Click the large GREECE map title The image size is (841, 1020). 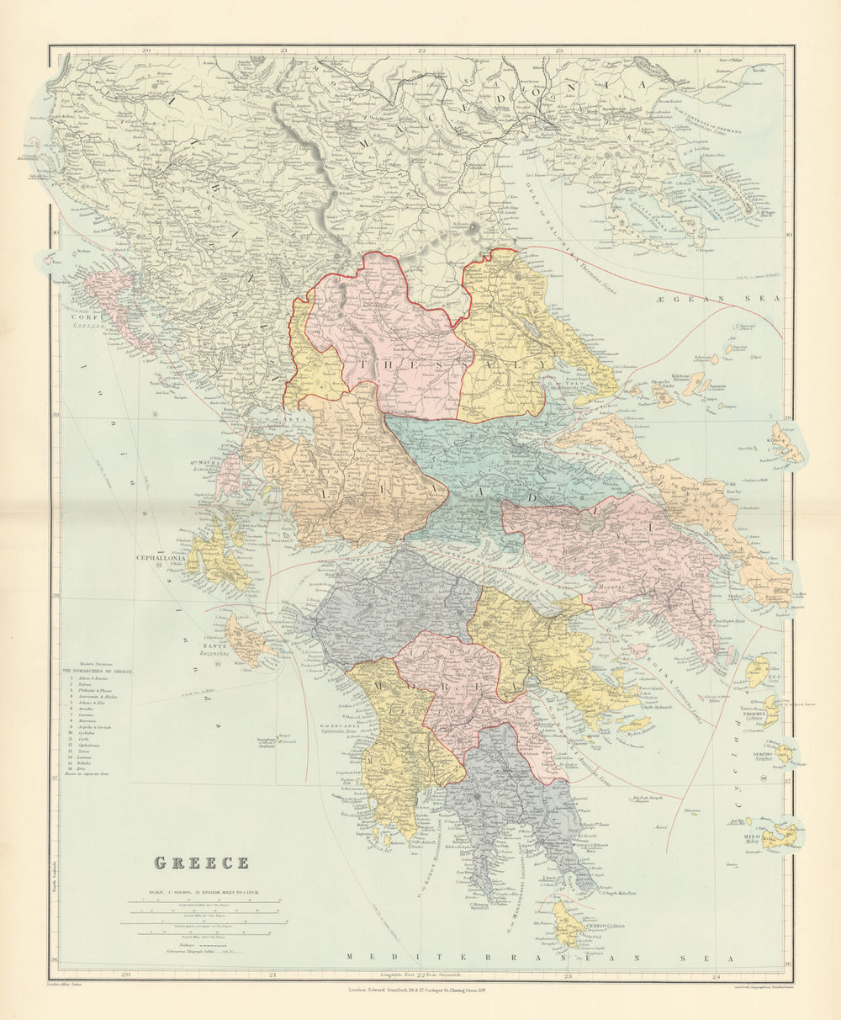click(x=201, y=863)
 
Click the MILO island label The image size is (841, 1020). click(x=750, y=837)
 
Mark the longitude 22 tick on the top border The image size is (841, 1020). click(x=421, y=50)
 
